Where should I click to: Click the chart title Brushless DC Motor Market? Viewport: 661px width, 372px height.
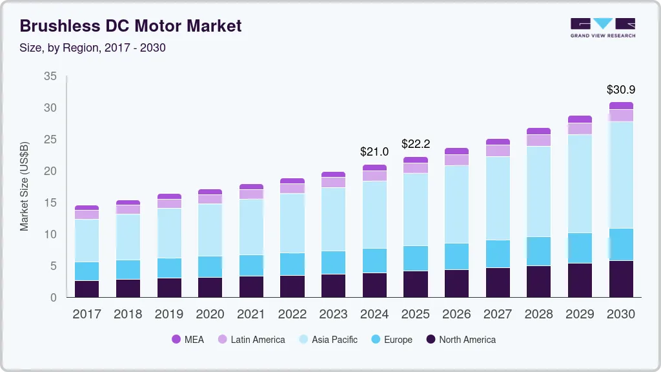coord(130,26)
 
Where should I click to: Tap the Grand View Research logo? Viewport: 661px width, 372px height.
coord(602,27)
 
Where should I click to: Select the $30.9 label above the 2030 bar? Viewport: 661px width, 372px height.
coord(621,90)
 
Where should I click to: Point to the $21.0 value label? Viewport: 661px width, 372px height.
coord(374,152)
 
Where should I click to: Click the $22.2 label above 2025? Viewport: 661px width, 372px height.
coord(415,143)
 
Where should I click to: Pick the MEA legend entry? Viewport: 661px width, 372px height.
coord(188,339)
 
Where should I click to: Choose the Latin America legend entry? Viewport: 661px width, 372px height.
coord(251,339)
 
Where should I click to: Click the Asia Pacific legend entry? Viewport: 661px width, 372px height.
coord(327,339)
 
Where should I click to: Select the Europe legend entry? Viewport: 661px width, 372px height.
coord(391,339)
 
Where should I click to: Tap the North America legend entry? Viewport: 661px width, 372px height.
coord(460,339)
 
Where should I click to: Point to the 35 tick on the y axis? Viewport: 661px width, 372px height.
coord(50,76)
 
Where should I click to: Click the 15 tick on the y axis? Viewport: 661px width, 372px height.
coord(50,203)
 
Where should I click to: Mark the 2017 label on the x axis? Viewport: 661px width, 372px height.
coord(86,315)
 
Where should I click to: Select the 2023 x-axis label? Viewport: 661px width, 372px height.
coord(334,315)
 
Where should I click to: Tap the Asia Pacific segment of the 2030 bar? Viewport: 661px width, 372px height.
coord(621,174)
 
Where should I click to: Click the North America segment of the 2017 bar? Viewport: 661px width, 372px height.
coord(86,289)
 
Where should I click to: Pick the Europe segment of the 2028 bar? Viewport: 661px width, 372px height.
coord(539,251)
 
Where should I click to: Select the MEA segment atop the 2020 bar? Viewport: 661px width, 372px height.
coord(210,192)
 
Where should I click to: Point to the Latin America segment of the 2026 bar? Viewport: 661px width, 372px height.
coord(456,160)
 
